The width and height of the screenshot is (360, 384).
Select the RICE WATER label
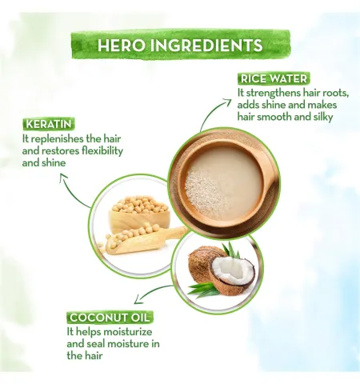274,78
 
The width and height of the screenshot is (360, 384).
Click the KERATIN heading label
49,124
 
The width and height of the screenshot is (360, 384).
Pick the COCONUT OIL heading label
110,318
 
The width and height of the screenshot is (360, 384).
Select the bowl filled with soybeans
138,214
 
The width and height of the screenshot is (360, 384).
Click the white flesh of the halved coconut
231,269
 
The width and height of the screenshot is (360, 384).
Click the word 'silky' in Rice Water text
323,117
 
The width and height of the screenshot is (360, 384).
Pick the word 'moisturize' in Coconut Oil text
128,332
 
